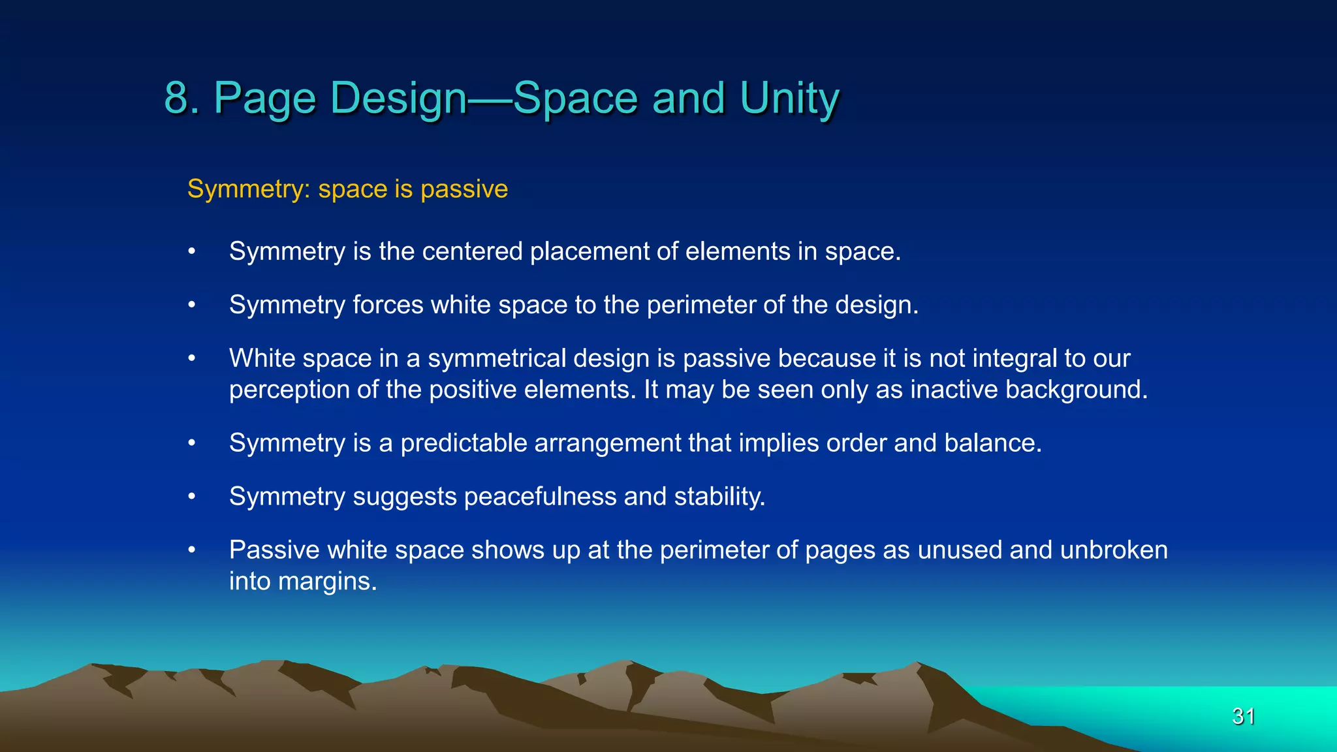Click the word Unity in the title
[789, 98]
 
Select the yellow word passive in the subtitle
[464, 189]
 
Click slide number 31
[1243, 716]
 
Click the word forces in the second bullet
[388, 305]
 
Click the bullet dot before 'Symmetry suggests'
[192, 497]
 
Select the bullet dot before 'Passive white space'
[192, 550]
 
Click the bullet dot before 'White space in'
[192, 358]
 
